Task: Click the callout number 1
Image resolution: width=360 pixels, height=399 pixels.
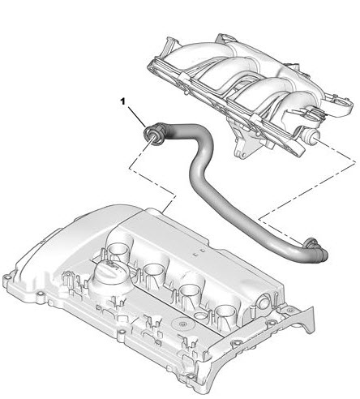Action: click(123, 101)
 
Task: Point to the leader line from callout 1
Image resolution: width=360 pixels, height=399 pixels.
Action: click(137, 117)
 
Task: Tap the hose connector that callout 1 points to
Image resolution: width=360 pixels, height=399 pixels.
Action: click(153, 134)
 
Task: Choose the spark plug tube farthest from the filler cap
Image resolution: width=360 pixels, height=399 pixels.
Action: click(225, 313)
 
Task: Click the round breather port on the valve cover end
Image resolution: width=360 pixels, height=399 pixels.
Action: click(264, 302)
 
